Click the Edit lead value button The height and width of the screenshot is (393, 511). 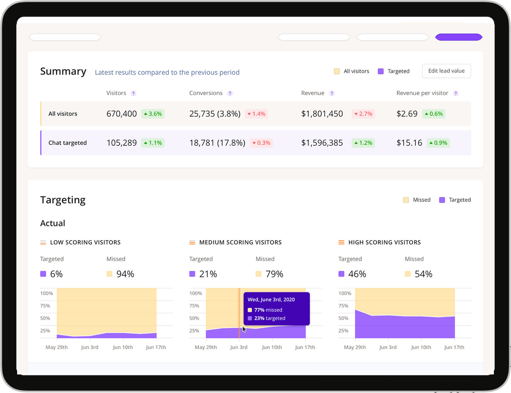click(x=446, y=71)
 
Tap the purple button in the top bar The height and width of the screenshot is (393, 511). click(x=458, y=37)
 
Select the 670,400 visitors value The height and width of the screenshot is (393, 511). click(x=121, y=114)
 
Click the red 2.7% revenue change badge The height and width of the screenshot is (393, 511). click(x=363, y=114)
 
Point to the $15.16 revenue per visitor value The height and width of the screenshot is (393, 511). click(x=409, y=143)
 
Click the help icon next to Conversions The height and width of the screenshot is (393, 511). click(x=230, y=93)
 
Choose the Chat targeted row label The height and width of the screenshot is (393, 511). click(x=67, y=143)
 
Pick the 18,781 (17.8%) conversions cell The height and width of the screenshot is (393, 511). click(x=217, y=143)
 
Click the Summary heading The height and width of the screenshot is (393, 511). click(x=63, y=71)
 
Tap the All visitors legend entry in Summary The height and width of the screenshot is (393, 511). click(x=352, y=71)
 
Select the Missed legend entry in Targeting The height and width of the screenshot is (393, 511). click(x=417, y=200)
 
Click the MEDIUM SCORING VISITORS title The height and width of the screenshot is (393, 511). click(x=240, y=242)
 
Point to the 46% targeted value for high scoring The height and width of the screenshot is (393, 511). click(x=357, y=274)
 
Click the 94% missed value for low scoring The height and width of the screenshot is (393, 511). click(x=125, y=274)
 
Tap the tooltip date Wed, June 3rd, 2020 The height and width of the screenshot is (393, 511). click(x=271, y=299)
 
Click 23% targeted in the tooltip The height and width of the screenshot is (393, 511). click(x=269, y=318)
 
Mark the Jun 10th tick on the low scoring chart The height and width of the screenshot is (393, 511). click(x=123, y=347)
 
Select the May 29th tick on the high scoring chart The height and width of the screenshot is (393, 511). click(x=355, y=347)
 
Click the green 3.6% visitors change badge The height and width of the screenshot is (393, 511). click(x=153, y=114)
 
